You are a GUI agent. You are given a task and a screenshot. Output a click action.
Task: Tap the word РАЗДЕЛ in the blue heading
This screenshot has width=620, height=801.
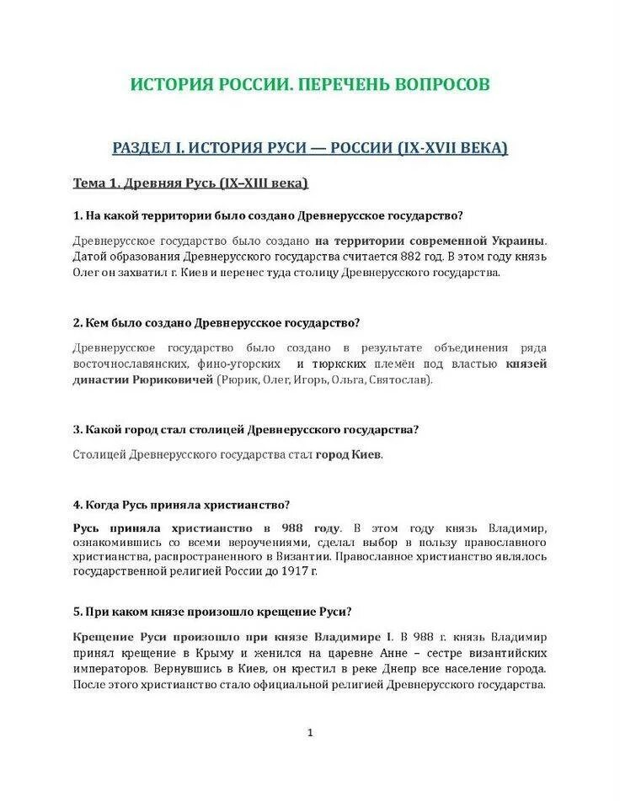142,148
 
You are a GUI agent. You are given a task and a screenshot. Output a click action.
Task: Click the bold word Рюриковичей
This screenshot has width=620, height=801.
172,379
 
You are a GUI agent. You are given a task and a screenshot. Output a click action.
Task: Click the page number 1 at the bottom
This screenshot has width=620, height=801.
310,733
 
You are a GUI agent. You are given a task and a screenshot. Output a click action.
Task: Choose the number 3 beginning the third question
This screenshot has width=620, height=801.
77,429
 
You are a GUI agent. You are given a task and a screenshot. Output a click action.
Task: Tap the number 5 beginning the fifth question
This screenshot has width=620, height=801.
77,611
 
